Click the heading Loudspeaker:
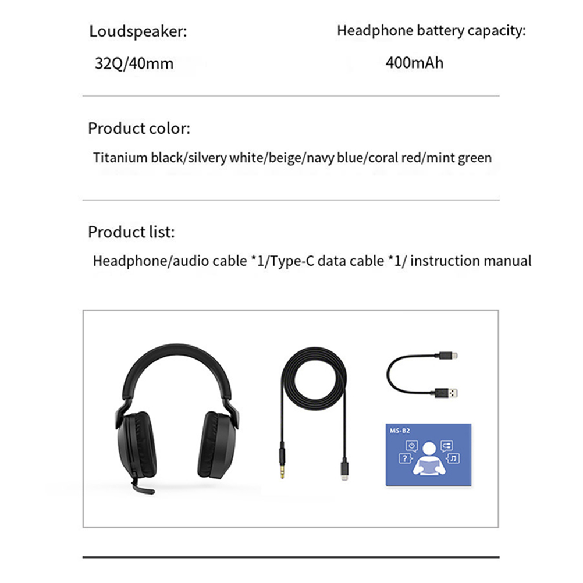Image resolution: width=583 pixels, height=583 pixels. coord(138,31)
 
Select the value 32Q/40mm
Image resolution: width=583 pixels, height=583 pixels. coord(134,63)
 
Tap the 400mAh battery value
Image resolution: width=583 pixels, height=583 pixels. coord(414,62)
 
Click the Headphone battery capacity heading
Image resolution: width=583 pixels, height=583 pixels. coord(431,31)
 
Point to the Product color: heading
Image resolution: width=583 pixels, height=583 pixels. coord(138,129)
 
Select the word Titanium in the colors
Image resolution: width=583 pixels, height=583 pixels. coord(120,158)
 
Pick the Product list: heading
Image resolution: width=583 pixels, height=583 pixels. coord(131,232)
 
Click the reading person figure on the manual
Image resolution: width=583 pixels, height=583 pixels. coord(429,460)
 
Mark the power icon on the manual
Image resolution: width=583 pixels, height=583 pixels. coord(411,446)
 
